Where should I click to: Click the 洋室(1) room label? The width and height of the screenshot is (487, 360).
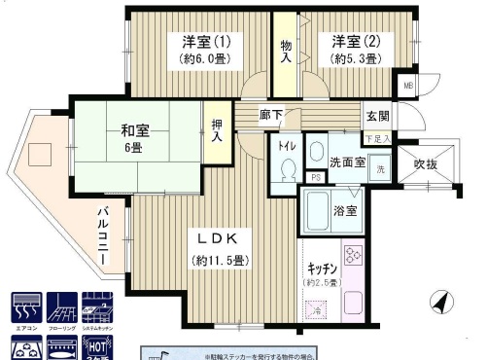[206, 42]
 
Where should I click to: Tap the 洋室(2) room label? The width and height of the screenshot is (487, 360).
[355, 42]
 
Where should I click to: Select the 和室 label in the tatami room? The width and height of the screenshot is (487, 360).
[134, 129]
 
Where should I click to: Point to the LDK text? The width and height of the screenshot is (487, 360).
[218, 237]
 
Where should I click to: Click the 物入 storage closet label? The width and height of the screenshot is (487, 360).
[286, 52]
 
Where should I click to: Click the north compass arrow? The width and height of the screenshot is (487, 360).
[442, 303]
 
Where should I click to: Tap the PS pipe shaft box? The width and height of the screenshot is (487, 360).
[316, 176]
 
